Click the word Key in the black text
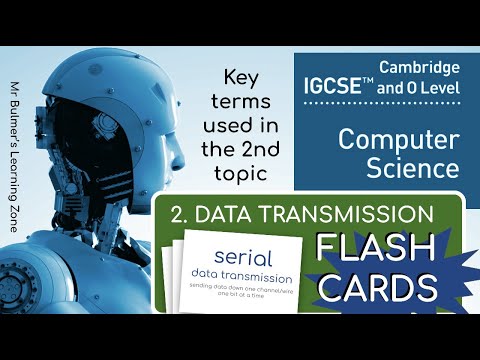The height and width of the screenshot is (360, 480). (x=240, y=76)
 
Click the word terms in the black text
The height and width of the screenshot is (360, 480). (x=240, y=101)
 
